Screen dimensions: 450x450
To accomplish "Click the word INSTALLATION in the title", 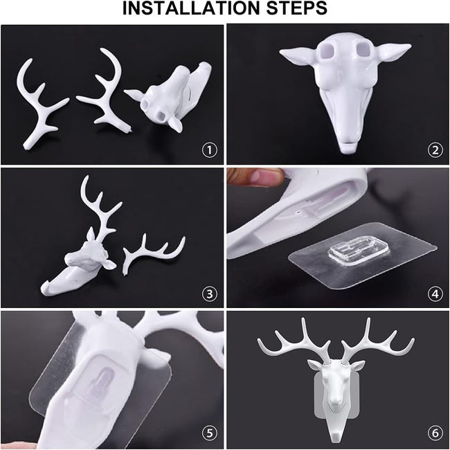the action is pyautogui.click(x=191, y=8).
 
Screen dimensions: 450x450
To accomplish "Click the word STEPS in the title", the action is pyautogui.click(x=297, y=8).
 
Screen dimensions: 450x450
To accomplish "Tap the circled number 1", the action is pyautogui.click(x=210, y=150).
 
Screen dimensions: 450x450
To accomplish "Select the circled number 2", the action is pyautogui.click(x=435, y=150).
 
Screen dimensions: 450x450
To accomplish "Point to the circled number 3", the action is pyautogui.click(x=210, y=294).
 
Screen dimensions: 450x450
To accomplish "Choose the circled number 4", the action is pyautogui.click(x=435, y=294).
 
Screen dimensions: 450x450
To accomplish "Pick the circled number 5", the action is pyautogui.click(x=210, y=433).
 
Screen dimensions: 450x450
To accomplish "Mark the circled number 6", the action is pyautogui.click(x=435, y=433).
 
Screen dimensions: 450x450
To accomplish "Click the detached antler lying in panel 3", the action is pyautogui.click(x=152, y=253).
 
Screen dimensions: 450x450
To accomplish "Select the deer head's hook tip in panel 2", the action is pyautogui.click(x=348, y=147).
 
